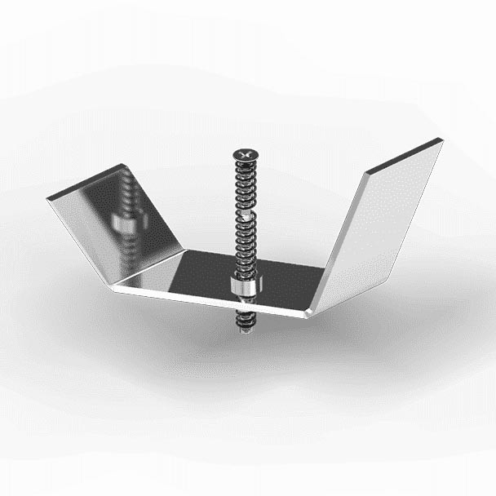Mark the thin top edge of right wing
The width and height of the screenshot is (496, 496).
point(404,156)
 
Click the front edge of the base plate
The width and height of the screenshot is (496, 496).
point(212,301)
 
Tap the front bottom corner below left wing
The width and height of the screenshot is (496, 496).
point(119,286)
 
